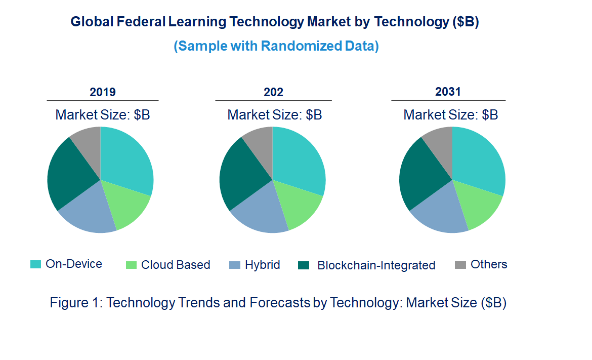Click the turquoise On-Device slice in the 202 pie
coord(299,157)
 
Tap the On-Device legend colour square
coord(36,264)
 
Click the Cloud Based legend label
coord(176,265)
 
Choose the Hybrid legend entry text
coord(262,265)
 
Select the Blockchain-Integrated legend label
coord(376,265)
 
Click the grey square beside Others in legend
coord(460,265)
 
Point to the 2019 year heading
coord(103,92)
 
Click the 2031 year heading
coord(448,92)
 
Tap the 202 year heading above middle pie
coord(273,92)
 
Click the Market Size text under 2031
coord(450,115)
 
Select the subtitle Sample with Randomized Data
coord(276,46)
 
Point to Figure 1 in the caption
coord(76,303)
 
